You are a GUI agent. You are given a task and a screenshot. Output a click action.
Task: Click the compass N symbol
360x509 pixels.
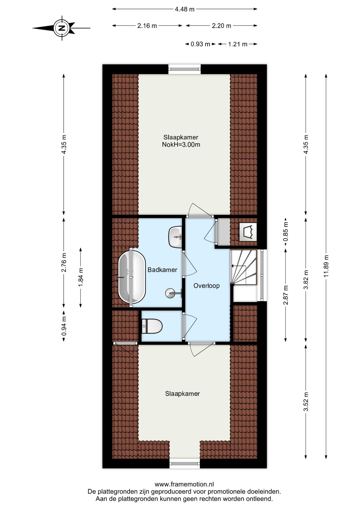pos(62,28)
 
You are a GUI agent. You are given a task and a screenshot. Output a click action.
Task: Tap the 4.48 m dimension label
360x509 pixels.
pos(185,9)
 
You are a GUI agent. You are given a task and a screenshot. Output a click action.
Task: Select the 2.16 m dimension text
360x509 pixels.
pos(147,26)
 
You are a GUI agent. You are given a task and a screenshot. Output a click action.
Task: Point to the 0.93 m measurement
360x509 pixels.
pos(200,44)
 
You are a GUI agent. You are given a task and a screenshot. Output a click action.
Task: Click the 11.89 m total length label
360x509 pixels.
pos(326,266)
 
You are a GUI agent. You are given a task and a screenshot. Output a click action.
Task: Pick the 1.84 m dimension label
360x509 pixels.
pos(81,277)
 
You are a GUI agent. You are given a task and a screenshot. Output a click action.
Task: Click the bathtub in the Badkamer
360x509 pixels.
pos(132,277)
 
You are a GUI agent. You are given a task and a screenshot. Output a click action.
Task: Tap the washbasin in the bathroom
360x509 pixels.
pos(175,236)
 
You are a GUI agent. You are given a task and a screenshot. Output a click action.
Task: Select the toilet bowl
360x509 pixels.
pos(152,326)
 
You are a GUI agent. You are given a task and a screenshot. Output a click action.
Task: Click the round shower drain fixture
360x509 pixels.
pos(170,293)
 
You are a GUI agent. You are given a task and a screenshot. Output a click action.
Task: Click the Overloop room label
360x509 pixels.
pos(206,286)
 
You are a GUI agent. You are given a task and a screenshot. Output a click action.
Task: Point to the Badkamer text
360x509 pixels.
pos(162,270)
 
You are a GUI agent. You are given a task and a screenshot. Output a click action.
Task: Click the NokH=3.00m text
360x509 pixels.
pos(181,145)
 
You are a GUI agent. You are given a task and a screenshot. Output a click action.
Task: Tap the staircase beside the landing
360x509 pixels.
pos(243,267)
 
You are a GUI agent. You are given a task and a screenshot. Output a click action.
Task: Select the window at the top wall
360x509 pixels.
pos(185,69)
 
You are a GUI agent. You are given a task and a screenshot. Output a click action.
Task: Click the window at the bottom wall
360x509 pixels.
pos(185,464)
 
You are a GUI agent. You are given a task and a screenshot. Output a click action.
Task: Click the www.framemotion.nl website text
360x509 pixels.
pos(184,484)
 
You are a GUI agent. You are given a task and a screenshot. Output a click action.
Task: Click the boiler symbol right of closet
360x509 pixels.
pos(248,232)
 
